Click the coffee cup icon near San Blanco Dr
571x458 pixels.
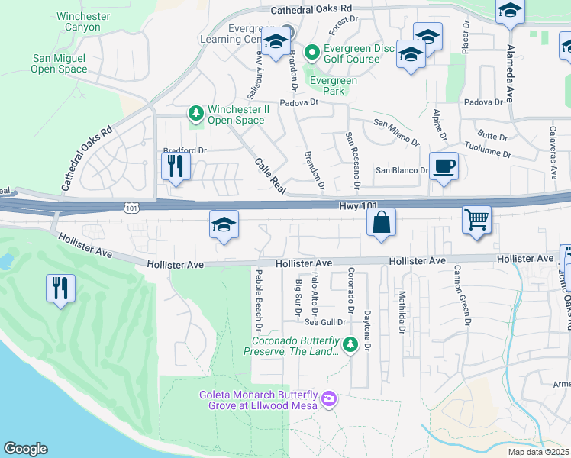[444, 166]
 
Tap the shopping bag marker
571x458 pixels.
[381, 223]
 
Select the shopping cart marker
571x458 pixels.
[476, 220]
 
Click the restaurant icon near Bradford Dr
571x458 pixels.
[176, 166]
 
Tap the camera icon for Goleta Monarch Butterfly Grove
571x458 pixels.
[329, 398]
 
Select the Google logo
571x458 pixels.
[25, 449]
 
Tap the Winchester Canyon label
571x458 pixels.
[78, 21]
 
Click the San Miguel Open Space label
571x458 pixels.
[59, 63]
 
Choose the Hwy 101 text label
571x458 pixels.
[358, 206]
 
